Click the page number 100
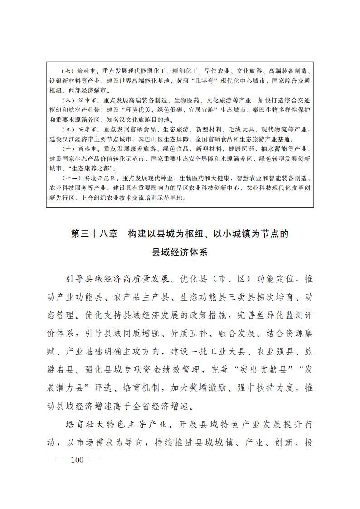78,460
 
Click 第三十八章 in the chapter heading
94,234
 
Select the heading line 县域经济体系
180,252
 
